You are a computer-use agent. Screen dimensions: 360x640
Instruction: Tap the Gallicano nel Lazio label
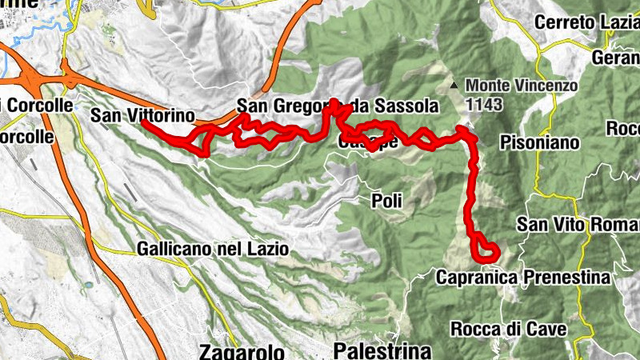212,249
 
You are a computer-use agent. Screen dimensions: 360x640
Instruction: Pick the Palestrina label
382,350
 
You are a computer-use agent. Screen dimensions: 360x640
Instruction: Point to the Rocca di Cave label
509,329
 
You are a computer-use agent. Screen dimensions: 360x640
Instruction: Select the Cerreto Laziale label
588,22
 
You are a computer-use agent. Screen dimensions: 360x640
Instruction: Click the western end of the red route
144,122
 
